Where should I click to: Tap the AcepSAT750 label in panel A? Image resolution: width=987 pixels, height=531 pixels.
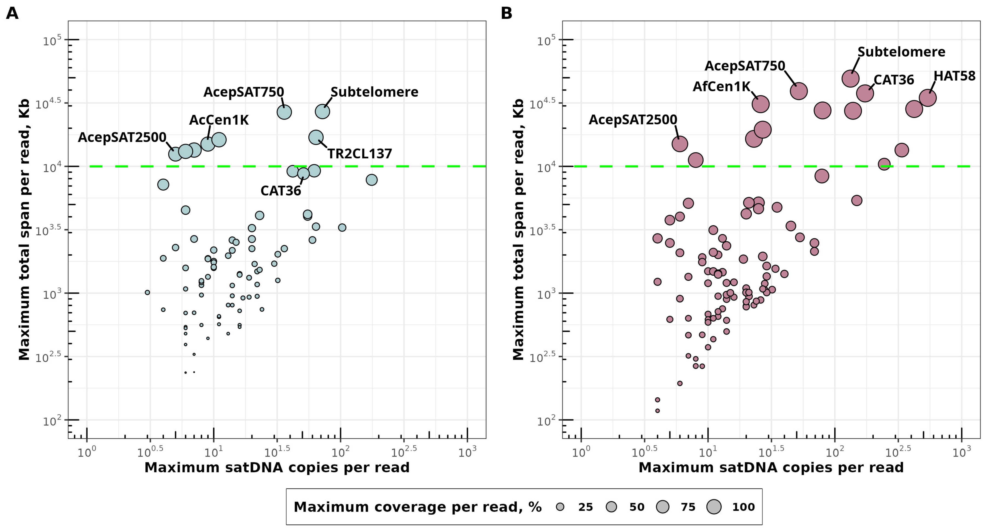pyautogui.click(x=244, y=92)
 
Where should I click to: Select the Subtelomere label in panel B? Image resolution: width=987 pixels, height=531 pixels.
pyautogui.click(x=901, y=52)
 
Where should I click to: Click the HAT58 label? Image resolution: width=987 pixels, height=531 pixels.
pyautogui.click(x=954, y=76)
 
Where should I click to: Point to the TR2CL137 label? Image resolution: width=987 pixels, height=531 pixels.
pyautogui.click(x=359, y=154)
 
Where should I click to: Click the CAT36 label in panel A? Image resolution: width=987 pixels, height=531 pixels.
pyautogui.click(x=281, y=191)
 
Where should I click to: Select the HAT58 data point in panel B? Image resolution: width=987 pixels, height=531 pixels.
pyautogui.click(x=928, y=98)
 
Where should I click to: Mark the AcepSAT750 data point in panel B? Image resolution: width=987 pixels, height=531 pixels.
pyautogui.click(x=799, y=91)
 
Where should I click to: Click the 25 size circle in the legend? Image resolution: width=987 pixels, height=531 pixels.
pyautogui.click(x=560, y=507)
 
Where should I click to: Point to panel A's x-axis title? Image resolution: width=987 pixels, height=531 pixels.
pyautogui.click(x=277, y=468)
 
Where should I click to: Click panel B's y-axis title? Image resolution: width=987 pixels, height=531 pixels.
pyautogui.click(x=518, y=229)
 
